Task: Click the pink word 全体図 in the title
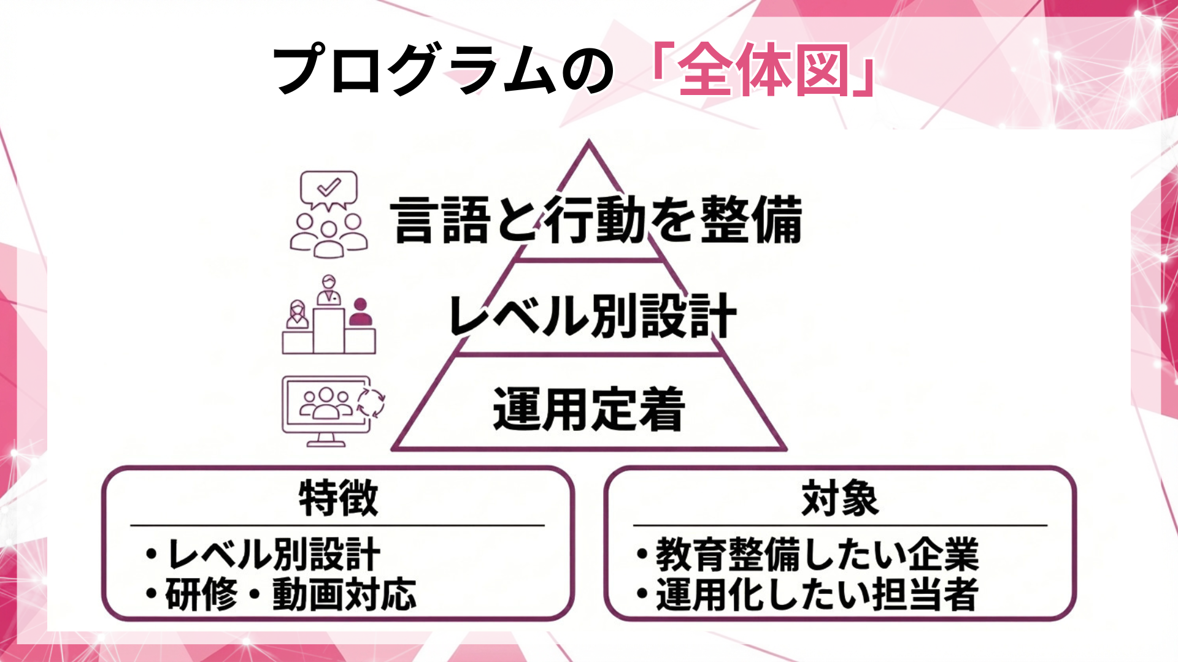pos(763,70)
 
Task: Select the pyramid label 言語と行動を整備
pos(596,219)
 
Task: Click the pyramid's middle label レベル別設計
pos(592,316)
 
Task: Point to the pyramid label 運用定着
pos(588,409)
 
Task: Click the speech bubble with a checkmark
pos(328,189)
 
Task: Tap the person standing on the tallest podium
pos(329,291)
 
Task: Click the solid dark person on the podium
pos(360,313)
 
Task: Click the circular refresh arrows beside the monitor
pos(371,402)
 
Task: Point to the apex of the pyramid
pos(589,144)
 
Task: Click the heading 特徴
pos(338,498)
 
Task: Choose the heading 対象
pos(840,498)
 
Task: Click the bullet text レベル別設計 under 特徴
pos(274,554)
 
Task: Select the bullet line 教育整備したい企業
pos(817,554)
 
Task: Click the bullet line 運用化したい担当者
pos(817,595)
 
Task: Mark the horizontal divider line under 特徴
pos(337,525)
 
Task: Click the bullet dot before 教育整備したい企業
pos(642,554)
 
